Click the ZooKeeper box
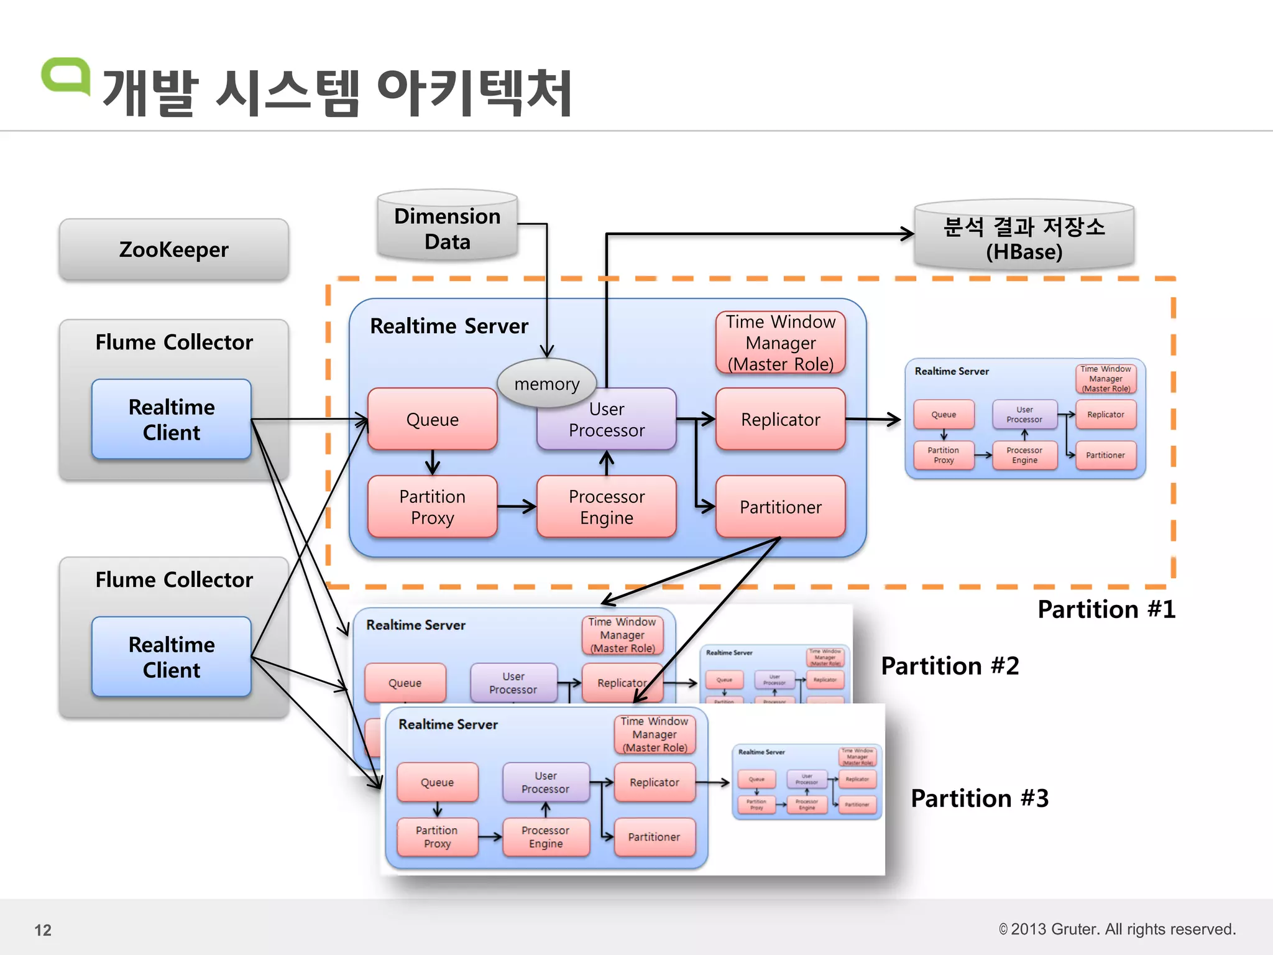click(173, 249)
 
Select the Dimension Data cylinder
click(447, 228)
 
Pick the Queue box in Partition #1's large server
click(432, 419)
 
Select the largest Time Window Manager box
click(780, 343)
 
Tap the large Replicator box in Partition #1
click(780, 419)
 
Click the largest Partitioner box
click(780, 507)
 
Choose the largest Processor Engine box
click(606, 507)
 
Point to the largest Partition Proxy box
click(432, 507)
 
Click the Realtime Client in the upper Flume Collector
click(172, 419)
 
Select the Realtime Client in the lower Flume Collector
click(172, 657)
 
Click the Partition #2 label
click(950, 666)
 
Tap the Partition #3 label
click(980, 798)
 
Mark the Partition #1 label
click(1106, 609)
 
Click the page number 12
click(43, 930)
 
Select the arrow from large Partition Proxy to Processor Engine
click(517, 507)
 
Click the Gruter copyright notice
click(1117, 929)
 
